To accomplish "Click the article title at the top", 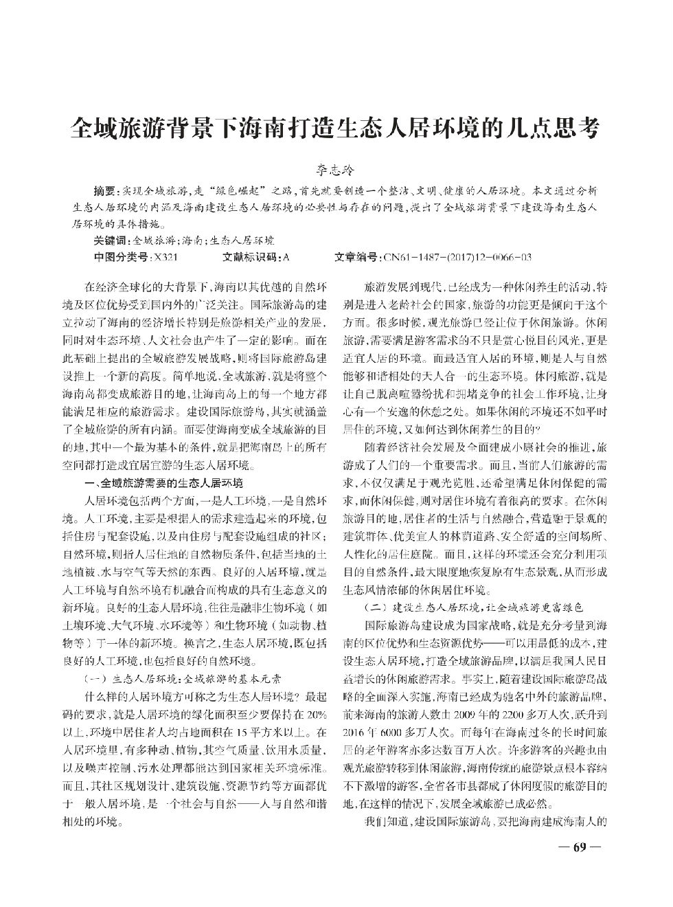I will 336,128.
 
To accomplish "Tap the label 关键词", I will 109,240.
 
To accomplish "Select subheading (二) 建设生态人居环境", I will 473,608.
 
